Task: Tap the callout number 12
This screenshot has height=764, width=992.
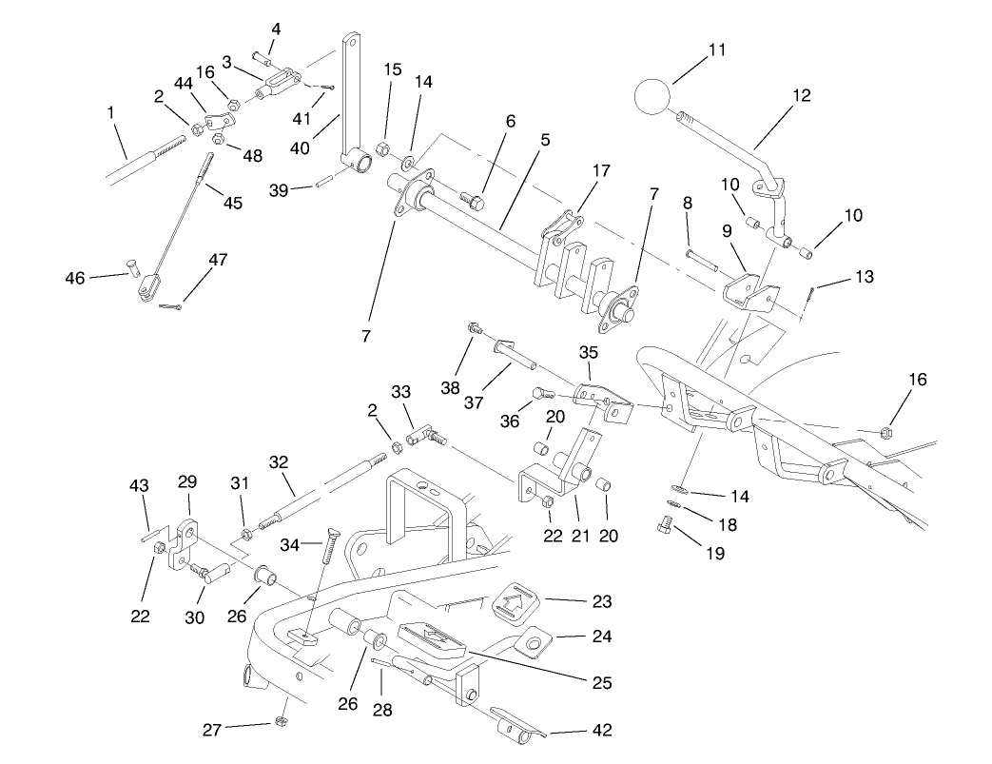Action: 801,95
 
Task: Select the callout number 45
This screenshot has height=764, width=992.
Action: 232,203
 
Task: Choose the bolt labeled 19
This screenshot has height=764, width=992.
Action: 669,522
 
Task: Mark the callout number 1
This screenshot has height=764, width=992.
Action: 111,112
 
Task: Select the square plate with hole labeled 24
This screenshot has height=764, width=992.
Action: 536,644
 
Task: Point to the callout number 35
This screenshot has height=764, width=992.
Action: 588,351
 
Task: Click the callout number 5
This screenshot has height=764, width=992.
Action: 545,140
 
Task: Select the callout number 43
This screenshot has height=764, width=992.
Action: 139,486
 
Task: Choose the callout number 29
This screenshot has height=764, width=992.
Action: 186,482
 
